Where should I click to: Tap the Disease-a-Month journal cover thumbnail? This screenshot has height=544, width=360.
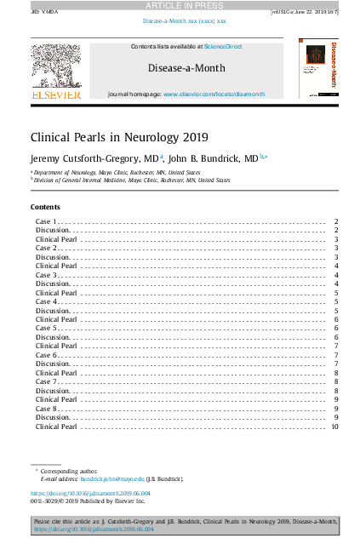click(x=320, y=71)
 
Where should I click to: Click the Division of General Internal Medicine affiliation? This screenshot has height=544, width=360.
click(x=131, y=180)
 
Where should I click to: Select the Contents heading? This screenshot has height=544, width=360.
click(x=45, y=208)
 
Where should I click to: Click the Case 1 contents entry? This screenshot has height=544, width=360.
click(x=47, y=221)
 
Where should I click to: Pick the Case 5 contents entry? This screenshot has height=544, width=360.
click(x=47, y=328)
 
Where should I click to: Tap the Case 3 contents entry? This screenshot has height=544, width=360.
click(x=47, y=275)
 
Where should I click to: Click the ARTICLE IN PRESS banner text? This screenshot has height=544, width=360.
click(x=180, y=5)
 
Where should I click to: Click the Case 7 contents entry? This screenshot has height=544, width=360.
click(x=47, y=381)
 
